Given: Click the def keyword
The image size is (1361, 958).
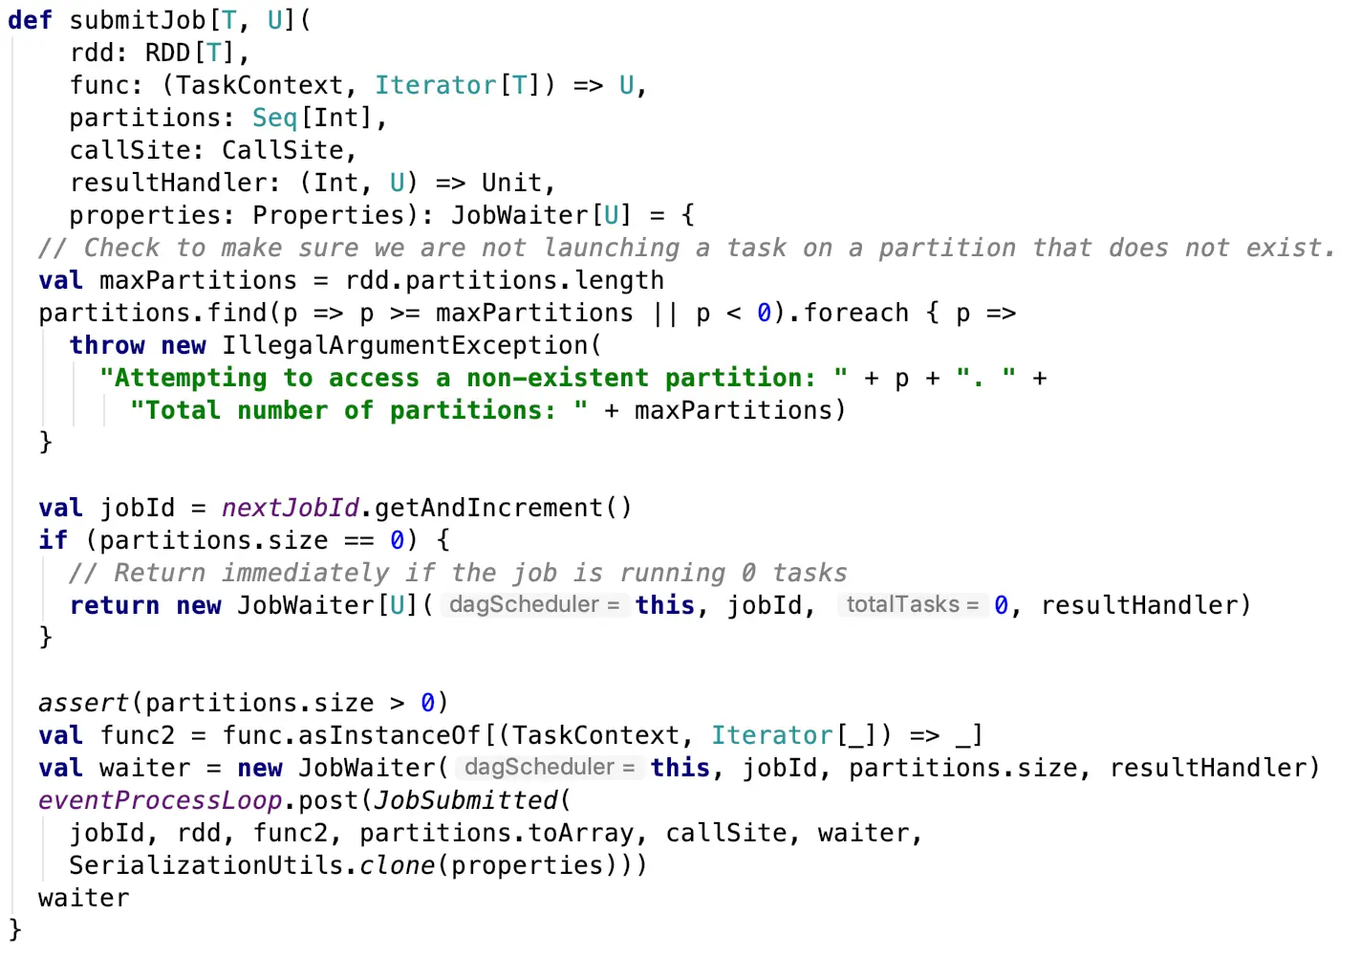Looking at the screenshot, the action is [x=30, y=20].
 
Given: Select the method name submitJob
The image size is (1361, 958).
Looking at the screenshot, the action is [x=137, y=20].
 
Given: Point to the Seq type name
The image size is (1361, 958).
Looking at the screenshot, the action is [x=274, y=118].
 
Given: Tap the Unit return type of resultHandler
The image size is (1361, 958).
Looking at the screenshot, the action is [x=511, y=183].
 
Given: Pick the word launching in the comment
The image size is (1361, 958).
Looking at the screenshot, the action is [x=611, y=248].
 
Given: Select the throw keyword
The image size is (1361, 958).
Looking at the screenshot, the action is [x=106, y=345].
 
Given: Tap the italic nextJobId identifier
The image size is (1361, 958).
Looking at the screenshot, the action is [x=290, y=508].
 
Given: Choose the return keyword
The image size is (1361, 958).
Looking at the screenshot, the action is [x=114, y=605].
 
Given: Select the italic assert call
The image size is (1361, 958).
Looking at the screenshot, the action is [x=83, y=703].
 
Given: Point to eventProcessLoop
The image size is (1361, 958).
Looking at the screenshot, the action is [x=160, y=800].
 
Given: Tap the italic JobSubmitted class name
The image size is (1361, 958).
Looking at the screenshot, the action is [x=465, y=800].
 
